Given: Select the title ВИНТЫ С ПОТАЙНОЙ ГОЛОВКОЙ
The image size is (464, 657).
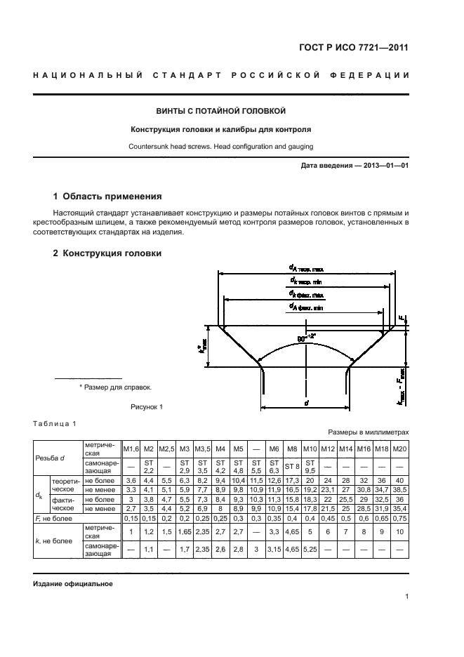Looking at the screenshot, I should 220,111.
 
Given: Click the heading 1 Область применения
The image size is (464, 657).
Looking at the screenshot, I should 107,197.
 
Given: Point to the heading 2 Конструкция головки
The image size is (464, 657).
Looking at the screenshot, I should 107,253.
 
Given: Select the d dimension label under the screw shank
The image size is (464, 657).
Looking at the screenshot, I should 306,404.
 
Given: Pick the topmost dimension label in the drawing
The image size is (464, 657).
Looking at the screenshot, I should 305,268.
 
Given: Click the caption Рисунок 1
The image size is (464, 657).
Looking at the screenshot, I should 147,407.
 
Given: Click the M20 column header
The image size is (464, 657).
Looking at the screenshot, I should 399,449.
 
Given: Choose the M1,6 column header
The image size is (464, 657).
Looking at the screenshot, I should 131,449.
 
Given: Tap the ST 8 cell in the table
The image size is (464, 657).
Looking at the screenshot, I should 292,466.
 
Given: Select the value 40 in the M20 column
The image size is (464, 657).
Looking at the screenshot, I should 399,479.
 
